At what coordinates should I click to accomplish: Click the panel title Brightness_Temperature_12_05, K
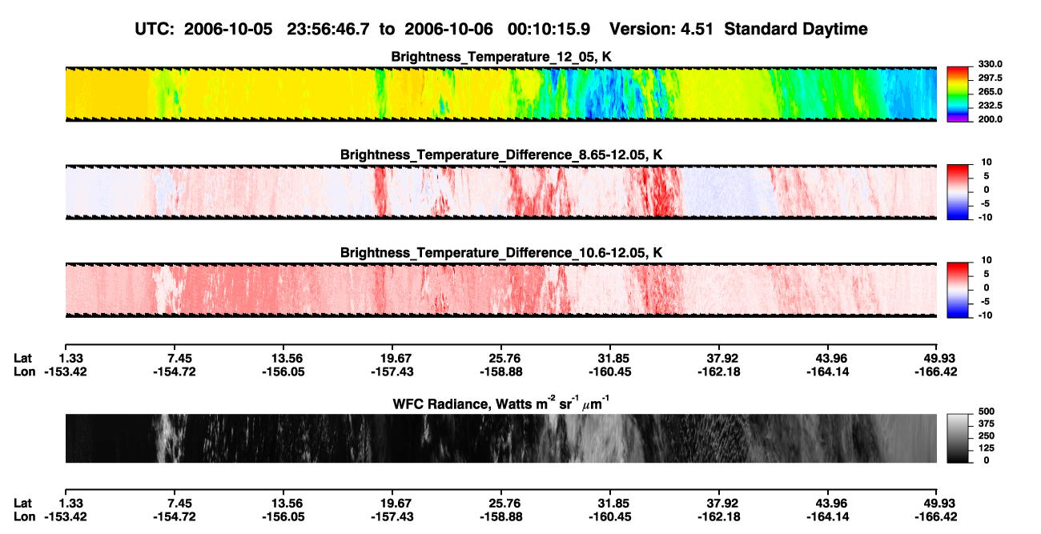(x=501, y=57)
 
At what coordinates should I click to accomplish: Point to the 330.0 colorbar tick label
(x=990, y=64)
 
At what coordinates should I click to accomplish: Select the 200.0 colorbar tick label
(x=990, y=119)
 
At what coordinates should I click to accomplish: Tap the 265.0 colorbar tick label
(x=990, y=91)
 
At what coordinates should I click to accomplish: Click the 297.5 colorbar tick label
(x=990, y=78)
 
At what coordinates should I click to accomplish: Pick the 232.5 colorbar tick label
(x=990, y=106)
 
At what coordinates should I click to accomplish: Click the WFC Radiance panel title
(x=501, y=403)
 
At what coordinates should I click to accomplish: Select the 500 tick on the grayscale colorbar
(x=987, y=412)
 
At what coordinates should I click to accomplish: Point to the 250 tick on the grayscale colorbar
(x=987, y=436)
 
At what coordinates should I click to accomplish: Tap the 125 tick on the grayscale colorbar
(x=987, y=448)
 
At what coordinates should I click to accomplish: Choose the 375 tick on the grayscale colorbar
(x=987, y=424)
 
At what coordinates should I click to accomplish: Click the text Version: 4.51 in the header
(x=661, y=30)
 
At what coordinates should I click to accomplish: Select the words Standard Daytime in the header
(x=796, y=30)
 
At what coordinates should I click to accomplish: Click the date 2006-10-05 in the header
(x=228, y=30)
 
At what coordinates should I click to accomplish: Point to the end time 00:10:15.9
(x=549, y=30)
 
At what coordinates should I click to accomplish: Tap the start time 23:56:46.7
(x=328, y=30)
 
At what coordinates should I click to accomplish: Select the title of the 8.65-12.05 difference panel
(x=501, y=155)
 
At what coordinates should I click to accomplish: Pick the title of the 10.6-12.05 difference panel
(x=501, y=253)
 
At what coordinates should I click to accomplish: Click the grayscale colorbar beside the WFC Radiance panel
(x=958, y=438)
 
